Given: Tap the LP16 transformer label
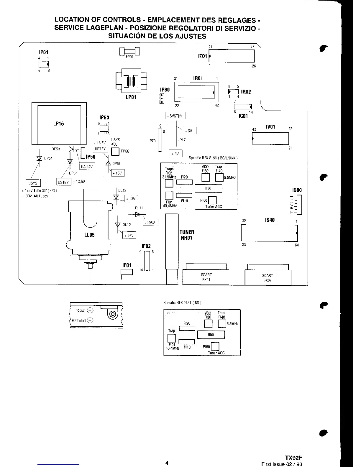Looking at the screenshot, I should pyautogui.click(x=58, y=124).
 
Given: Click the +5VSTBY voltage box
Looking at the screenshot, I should pyautogui.click(x=175, y=116).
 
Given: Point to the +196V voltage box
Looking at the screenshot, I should pyautogui.click(x=150, y=223).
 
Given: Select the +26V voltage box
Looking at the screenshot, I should pyautogui.click(x=129, y=236).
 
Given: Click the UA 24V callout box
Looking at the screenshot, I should pyautogui.click(x=87, y=167).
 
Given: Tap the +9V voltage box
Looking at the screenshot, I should pyautogui.click(x=175, y=154).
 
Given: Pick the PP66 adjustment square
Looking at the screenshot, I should pyautogui.click(x=115, y=152).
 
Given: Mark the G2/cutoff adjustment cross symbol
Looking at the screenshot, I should pyautogui.click(x=90, y=320).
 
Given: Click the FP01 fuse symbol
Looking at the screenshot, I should pyautogui.click(x=129, y=52).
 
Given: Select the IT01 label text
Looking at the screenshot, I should pyautogui.click(x=202, y=56).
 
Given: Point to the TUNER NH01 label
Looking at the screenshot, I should pyautogui.click(x=187, y=235).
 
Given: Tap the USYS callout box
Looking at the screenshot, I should pyautogui.click(x=33, y=183).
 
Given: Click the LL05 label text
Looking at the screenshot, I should pyautogui.click(x=90, y=235).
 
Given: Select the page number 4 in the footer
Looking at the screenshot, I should pyautogui.click(x=167, y=454).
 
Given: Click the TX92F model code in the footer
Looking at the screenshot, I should pyautogui.click(x=293, y=458).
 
